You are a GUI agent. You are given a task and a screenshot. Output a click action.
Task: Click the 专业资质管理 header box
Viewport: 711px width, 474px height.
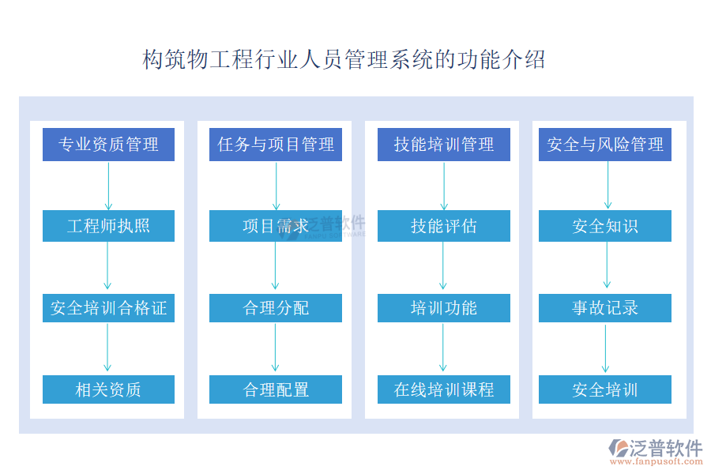pos(108,145)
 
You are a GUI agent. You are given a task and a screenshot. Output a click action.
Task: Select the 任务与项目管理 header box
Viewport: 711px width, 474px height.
pos(276,145)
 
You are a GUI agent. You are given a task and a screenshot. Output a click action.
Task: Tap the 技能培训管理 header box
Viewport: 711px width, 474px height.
pos(444,145)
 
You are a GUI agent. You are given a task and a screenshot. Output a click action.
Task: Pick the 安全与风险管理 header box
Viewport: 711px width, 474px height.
pos(605,145)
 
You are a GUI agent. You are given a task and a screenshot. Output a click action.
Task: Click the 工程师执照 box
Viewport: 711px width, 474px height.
pos(108,226)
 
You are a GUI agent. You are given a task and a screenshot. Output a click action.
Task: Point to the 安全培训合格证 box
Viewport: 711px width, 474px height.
pos(108,308)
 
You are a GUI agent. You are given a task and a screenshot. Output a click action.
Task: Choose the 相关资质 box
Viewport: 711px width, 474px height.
pos(108,389)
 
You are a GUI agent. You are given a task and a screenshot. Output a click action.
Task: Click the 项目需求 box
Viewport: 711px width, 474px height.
pos(276,226)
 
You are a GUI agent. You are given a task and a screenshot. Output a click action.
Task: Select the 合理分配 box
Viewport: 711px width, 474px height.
pos(276,308)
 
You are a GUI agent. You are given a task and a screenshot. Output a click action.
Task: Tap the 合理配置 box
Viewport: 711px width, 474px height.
pos(276,389)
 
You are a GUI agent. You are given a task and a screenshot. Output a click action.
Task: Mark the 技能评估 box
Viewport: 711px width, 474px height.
pos(444,226)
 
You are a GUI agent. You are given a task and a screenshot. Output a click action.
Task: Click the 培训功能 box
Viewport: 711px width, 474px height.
pos(444,308)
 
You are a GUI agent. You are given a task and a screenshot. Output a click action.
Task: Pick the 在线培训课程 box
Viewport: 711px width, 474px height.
pos(444,389)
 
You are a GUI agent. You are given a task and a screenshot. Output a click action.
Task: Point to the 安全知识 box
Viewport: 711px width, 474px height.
pos(605,226)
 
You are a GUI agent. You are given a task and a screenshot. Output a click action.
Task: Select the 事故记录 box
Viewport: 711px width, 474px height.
pos(605,308)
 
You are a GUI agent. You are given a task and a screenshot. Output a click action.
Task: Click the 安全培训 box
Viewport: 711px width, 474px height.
pos(605,389)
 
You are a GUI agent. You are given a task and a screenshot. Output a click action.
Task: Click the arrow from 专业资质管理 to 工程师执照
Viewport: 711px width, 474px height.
pos(108,186)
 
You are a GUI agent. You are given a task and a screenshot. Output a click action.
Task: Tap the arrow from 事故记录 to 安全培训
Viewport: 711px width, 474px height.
pos(605,349)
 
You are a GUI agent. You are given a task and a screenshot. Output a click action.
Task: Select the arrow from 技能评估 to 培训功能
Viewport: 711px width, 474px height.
pos(443,265)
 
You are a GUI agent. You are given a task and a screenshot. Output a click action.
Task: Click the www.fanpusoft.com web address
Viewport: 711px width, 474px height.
pos(656,461)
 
